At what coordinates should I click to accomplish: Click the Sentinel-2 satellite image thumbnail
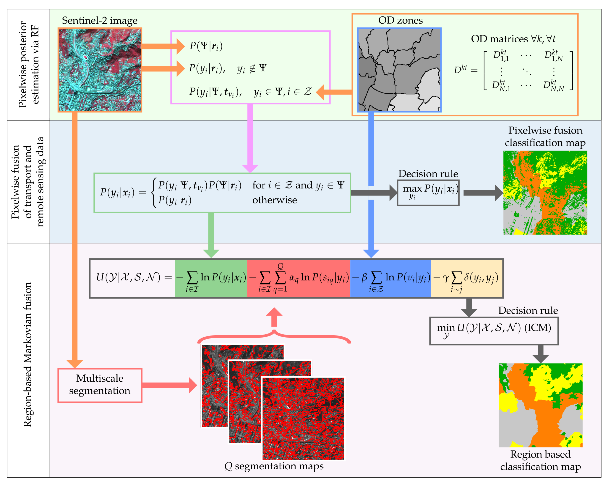[100, 70]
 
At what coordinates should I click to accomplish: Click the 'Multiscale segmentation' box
[100, 385]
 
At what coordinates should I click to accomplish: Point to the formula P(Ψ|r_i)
[206, 46]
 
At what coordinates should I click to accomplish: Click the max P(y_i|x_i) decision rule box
[428, 192]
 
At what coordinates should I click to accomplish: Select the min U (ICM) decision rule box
[494, 331]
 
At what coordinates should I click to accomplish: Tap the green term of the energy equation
[211, 278]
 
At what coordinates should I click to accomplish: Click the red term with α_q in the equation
[298, 278]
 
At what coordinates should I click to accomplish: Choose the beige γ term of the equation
[467, 278]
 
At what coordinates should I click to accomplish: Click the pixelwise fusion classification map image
[545, 192]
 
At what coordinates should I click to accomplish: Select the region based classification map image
[540, 405]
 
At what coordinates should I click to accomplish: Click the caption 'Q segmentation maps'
[274, 466]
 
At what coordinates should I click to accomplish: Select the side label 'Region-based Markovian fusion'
[28, 354]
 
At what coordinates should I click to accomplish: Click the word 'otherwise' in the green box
[274, 200]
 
